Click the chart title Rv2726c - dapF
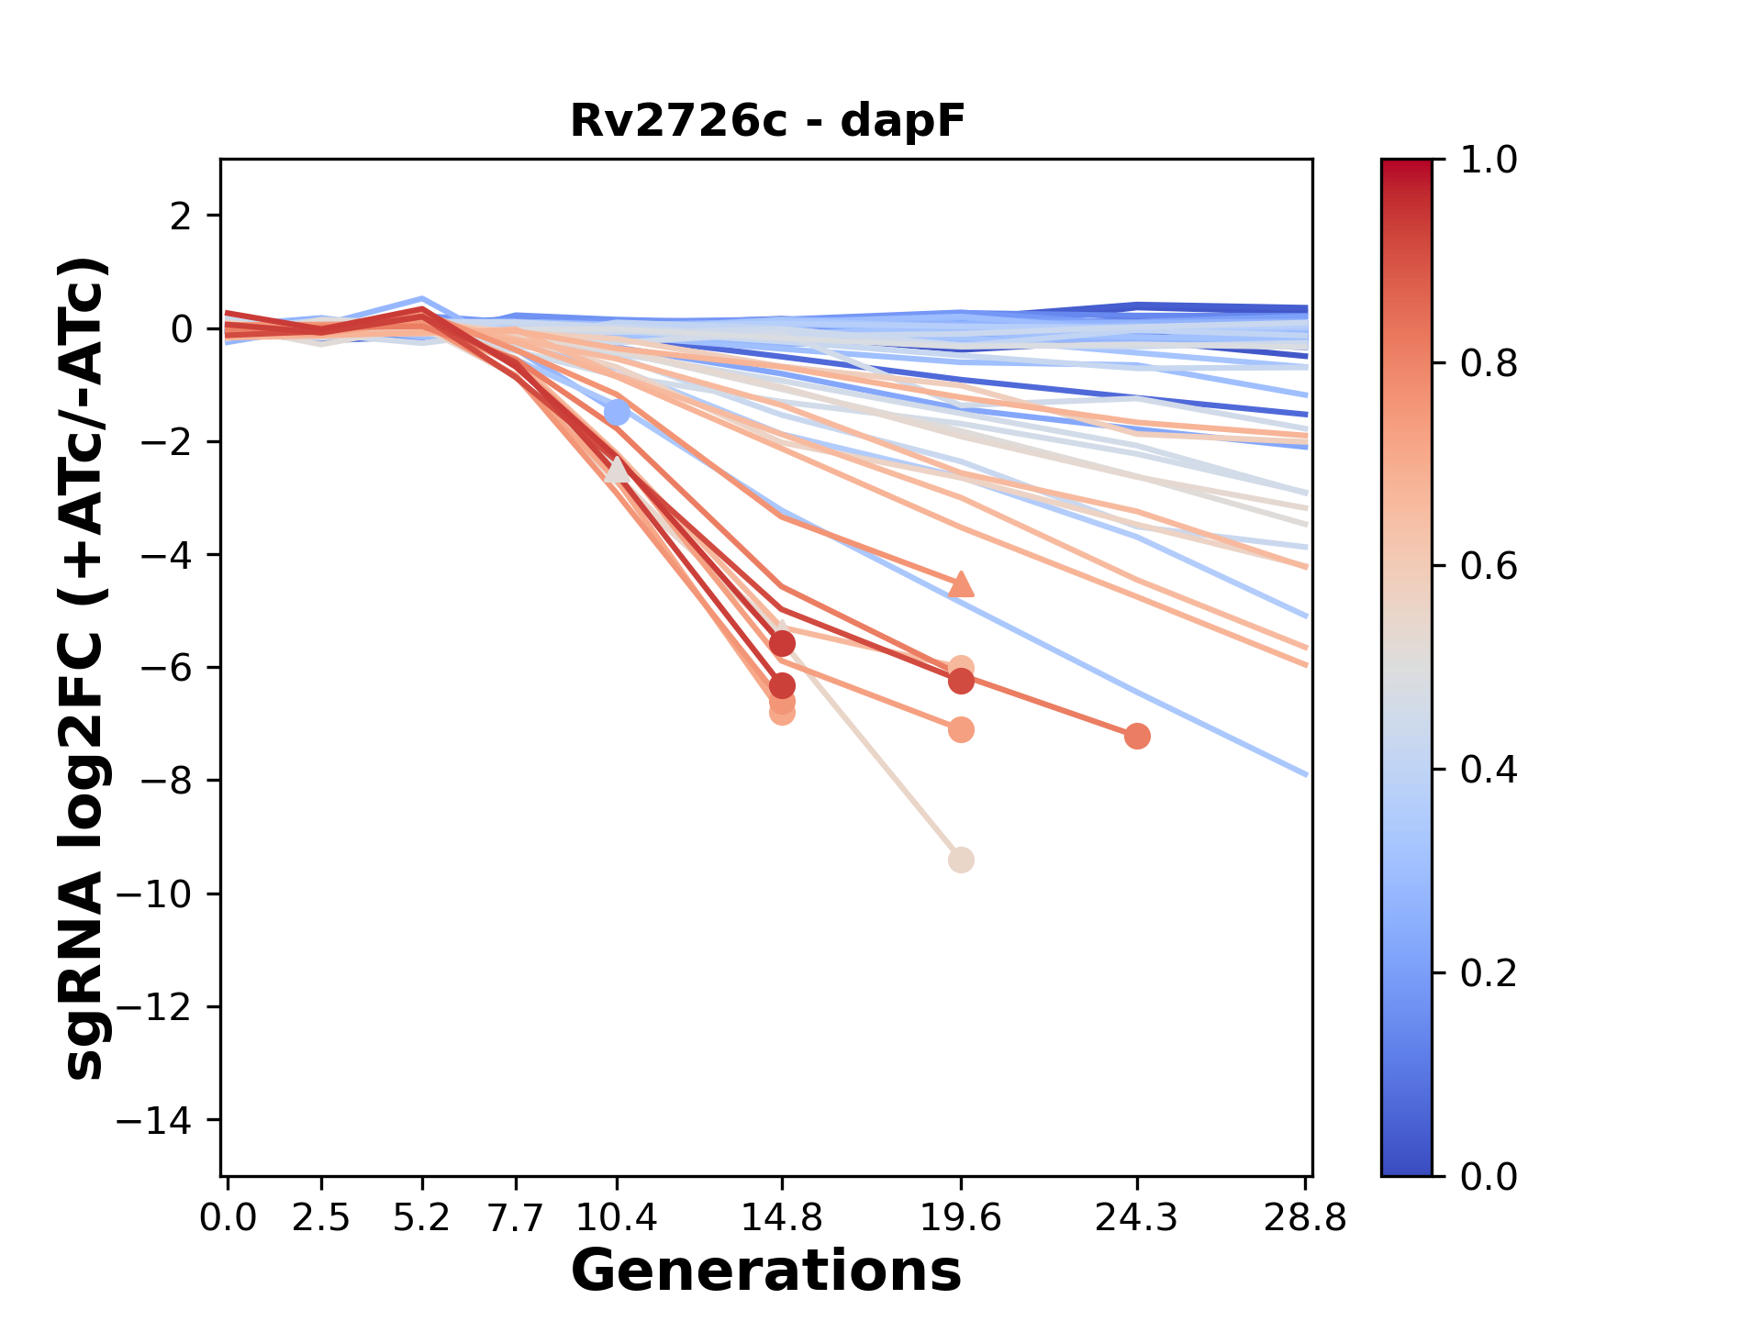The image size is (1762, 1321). coord(767,121)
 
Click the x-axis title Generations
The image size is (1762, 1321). coord(766,1271)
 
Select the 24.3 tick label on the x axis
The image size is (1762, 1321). coord(1137,1218)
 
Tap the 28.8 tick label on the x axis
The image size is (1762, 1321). coord(1305,1218)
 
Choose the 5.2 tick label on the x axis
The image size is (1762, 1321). coord(421,1218)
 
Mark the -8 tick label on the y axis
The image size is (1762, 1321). coord(165,781)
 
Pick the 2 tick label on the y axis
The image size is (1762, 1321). coord(182,216)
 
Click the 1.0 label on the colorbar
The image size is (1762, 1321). coord(1489,161)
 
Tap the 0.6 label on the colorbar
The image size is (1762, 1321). coord(1489,566)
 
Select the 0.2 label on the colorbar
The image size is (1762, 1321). coord(1489,972)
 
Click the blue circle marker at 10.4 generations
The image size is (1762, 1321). coord(617,413)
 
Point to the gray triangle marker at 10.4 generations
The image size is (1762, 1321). coord(617,470)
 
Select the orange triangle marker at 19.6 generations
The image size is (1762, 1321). coord(961,584)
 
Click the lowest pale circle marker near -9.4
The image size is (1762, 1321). coord(961,860)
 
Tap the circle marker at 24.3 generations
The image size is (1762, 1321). coord(1137,736)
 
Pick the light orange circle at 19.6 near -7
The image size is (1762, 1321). coord(961,730)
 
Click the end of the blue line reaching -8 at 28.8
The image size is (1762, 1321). coord(1306,775)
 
